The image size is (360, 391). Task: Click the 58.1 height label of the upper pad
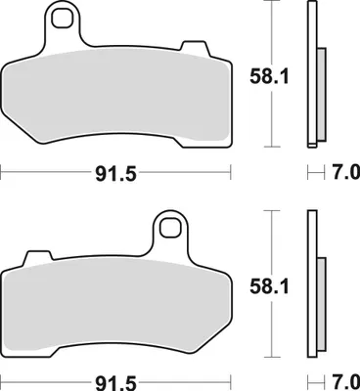click(x=269, y=77)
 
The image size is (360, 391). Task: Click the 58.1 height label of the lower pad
click(x=269, y=287)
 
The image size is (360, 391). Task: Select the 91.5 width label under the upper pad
click(x=115, y=174)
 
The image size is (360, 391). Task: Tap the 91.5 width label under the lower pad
click(x=115, y=382)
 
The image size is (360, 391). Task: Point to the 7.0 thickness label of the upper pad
click(x=346, y=172)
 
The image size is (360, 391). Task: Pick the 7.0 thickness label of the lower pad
click(x=346, y=381)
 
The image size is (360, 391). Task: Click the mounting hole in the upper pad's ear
click(x=63, y=18)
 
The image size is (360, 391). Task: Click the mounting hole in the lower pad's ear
click(x=170, y=228)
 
